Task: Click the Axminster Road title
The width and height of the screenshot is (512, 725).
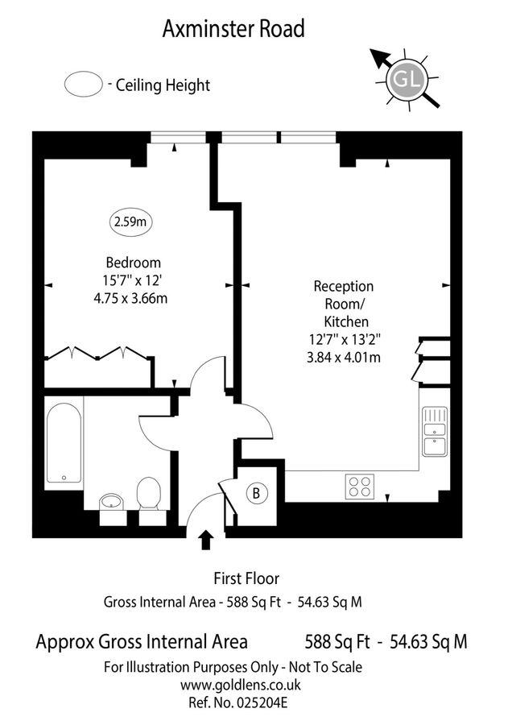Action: pyautogui.click(x=233, y=29)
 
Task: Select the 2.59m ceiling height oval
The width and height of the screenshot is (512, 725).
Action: pyautogui.click(x=130, y=222)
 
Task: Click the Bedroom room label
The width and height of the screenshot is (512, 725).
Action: pyautogui.click(x=134, y=263)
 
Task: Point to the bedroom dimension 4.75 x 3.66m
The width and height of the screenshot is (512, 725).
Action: pyautogui.click(x=130, y=298)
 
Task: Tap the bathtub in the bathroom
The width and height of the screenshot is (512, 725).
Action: pyautogui.click(x=64, y=443)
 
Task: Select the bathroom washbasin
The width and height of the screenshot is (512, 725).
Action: pyautogui.click(x=111, y=501)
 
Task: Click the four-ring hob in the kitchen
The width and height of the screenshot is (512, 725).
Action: pyautogui.click(x=360, y=487)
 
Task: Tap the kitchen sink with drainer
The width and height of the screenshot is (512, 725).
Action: pyautogui.click(x=435, y=432)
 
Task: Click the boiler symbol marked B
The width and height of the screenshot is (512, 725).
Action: pyautogui.click(x=256, y=493)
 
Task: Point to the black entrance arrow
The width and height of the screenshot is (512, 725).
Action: pyautogui.click(x=206, y=540)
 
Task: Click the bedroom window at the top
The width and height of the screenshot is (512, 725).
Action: pyautogui.click(x=178, y=137)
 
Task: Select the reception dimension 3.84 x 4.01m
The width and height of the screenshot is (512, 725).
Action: pyautogui.click(x=344, y=358)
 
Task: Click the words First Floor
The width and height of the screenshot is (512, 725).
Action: pyautogui.click(x=246, y=578)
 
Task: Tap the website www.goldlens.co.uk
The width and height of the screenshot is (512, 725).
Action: pyautogui.click(x=240, y=685)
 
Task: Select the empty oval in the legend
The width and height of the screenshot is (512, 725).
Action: pyautogui.click(x=83, y=84)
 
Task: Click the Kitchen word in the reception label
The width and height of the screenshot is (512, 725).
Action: pyautogui.click(x=346, y=321)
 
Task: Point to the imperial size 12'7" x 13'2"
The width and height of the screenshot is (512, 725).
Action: pyautogui.click(x=345, y=340)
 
